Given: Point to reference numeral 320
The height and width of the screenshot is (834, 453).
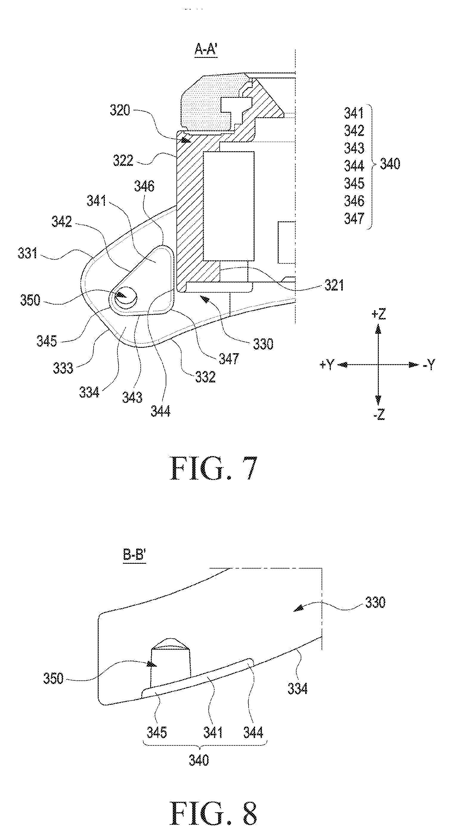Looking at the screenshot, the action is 120,110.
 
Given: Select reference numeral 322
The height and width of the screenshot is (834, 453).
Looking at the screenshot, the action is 123,160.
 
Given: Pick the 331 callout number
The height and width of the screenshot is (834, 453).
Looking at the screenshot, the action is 28,253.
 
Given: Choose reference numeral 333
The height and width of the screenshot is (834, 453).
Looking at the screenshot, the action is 63,368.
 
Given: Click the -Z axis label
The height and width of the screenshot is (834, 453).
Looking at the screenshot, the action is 379,414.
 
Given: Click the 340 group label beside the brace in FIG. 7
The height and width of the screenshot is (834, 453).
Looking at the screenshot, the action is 390,164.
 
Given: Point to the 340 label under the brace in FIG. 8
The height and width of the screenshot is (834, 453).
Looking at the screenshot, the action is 199,760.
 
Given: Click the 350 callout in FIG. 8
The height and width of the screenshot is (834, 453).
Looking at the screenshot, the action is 53,678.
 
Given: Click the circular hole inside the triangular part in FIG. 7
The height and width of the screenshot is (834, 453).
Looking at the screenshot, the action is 126,296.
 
